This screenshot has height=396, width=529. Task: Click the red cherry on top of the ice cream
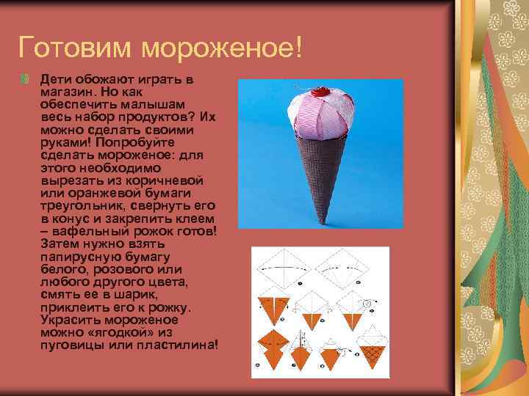(317, 93)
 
